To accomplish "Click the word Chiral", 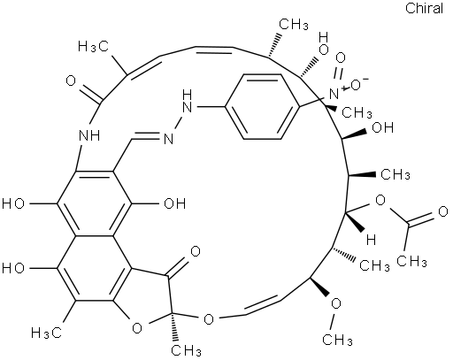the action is tap(424, 8).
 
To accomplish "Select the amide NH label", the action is tap(90, 136).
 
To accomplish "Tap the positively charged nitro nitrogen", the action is tap(334, 95).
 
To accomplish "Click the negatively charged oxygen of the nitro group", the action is tap(357, 85).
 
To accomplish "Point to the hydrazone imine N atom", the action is tap(168, 139).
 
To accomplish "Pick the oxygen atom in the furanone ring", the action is tap(137, 328).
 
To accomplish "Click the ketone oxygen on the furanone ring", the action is tap(196, 251).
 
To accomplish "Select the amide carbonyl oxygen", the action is tap(71, 80).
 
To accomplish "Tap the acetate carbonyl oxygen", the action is tap(443, 211).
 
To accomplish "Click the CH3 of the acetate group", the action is tap(411, 261).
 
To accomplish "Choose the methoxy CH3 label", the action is tap(337, 340).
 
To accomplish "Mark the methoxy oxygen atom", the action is tap(336, 303).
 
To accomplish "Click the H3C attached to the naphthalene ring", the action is tap(46, 333).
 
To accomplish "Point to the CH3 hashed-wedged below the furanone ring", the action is tap(187, 350).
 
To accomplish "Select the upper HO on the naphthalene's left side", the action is tap(13, 203).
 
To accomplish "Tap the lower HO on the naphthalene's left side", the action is tap(13, 268).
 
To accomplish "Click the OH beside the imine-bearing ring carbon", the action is tap(174, 203).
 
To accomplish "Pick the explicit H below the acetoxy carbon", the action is tap(371, 241).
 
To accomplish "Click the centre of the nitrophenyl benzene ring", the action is tap(263, 106).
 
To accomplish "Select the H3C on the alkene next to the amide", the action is tap(94, 47).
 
